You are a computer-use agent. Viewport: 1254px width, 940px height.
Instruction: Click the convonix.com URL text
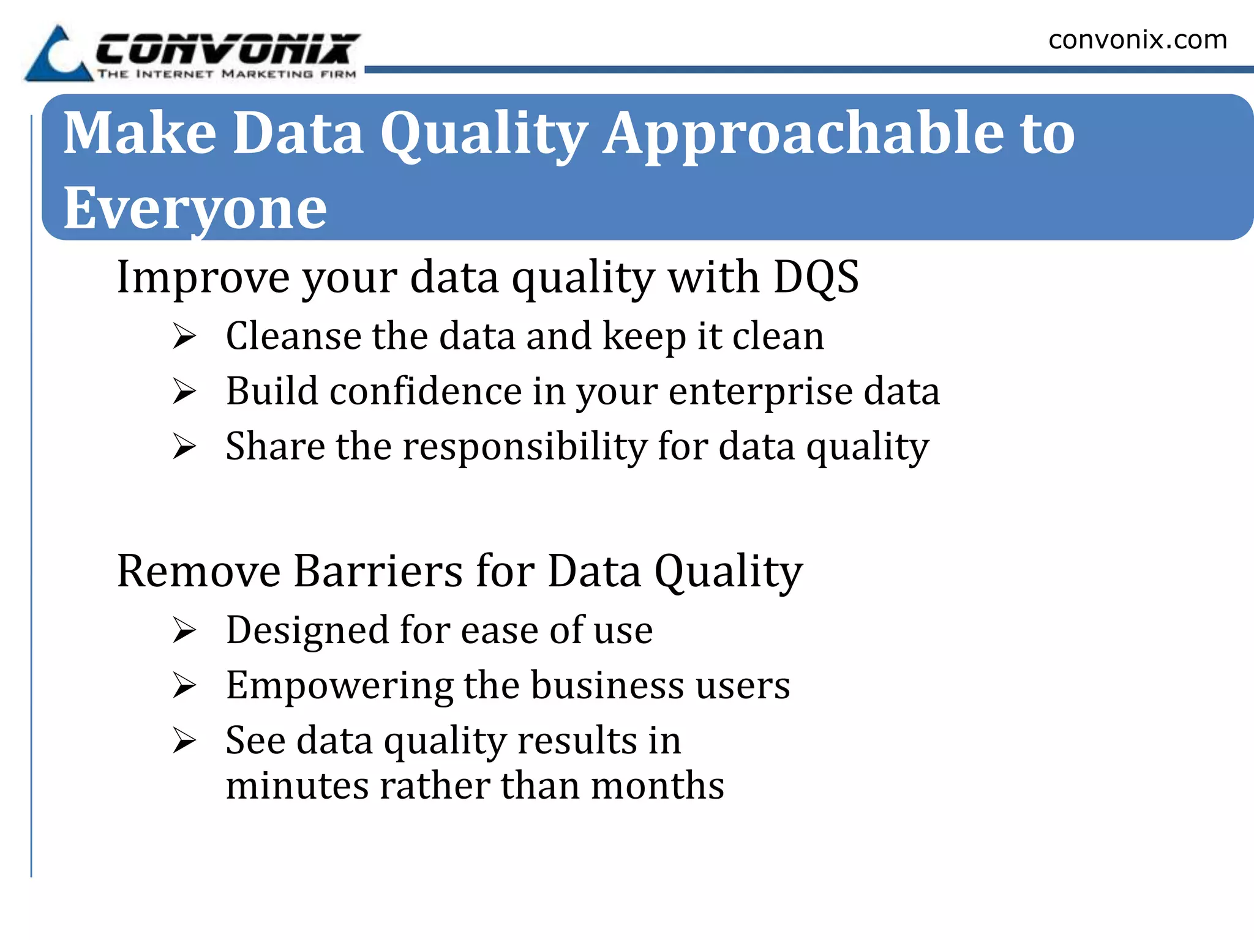pos(1137,40)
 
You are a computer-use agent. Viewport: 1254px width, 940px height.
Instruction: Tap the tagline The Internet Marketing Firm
pos(227,75)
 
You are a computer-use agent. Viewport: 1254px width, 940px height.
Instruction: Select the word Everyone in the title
pos(195,209)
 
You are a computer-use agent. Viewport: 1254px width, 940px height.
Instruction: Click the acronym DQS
pos(816,277)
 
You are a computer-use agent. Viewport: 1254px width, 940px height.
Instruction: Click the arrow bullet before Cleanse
pos(184,336)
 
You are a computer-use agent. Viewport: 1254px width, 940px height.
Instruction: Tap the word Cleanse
pos(293,336)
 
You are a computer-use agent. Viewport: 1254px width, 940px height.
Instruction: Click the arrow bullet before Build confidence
pos(184,391)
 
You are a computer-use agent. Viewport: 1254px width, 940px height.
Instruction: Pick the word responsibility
pos(524,446)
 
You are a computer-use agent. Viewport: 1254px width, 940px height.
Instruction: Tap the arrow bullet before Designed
pos(184,630)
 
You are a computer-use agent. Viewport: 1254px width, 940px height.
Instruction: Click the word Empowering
pos(339,686)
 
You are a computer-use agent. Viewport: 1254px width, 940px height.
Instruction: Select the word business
pos(607,685)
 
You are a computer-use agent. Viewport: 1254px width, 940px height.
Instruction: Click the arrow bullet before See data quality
pos(184,740)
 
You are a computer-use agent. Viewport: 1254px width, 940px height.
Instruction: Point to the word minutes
pos(296,786)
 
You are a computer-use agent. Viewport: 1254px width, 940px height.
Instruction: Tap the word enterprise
pos(760,392)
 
